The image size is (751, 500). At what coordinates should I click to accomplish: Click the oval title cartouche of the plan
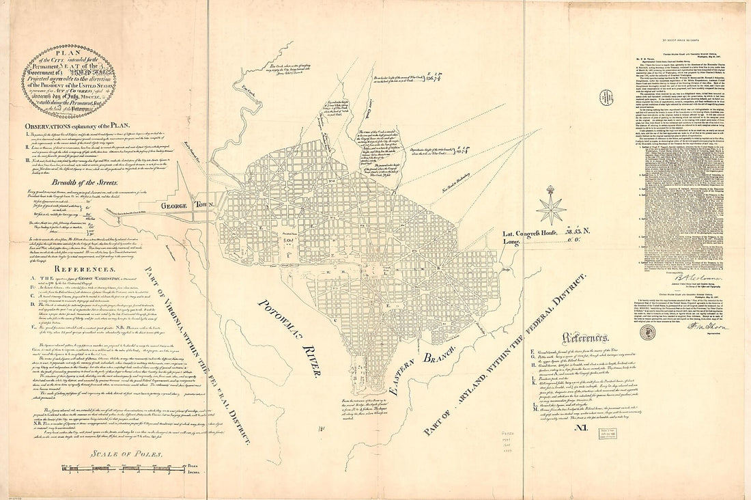pyautogui.click(x=77, y=82)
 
